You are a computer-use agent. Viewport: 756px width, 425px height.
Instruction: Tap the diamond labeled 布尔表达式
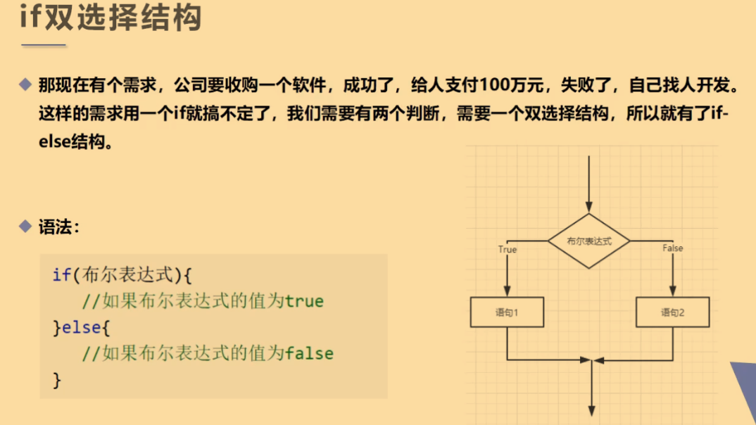point(589,241)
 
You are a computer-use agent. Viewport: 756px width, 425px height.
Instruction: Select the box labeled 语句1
point(507,312)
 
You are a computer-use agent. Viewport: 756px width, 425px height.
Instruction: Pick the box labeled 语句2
point(672,312)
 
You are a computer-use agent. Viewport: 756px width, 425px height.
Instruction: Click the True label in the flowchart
point(507,249)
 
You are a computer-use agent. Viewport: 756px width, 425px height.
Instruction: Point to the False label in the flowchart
point(672,248)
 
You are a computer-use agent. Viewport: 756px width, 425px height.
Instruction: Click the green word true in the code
point(304,302)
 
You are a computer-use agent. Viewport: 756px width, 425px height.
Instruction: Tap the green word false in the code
point(309,353)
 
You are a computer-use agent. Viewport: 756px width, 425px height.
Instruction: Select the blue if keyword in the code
point(61,274)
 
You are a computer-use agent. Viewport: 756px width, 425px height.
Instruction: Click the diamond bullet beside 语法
point(26,227)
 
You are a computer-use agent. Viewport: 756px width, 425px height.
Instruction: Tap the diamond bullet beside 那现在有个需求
point(26,86)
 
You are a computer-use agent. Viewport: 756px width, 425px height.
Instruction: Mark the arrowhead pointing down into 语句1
point(507,291)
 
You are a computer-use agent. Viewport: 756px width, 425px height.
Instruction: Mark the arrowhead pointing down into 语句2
point(672,291)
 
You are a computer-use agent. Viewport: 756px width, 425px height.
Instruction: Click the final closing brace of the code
point(57,381)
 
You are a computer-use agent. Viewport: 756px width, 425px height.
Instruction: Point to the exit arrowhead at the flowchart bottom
point(592,412)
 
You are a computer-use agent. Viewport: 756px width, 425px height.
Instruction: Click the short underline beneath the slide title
point(44,46)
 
